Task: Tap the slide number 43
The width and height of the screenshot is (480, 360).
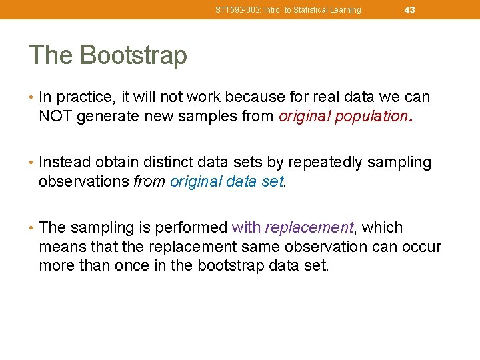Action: tap(409, 10)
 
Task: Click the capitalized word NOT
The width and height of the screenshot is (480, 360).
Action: tap(56, 117)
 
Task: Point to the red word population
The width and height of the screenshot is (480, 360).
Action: tap(371, 117)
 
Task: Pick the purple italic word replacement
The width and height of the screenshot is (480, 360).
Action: tap(309, 228)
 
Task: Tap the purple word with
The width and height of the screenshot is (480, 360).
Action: tap(246, 228)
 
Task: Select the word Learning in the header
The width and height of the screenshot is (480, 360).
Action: tap(345, 10)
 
